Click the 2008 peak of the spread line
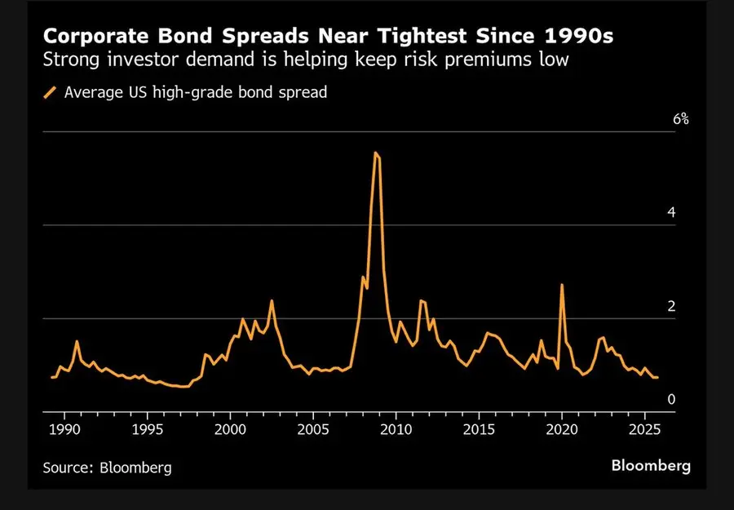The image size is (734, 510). click(x=375, y=153)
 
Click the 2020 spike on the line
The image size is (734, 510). click(x=562, y=285)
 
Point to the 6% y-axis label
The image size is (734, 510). click(x=681, y=119)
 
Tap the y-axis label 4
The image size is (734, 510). click(x=671, y=213)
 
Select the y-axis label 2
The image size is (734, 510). click(x=671, y=307)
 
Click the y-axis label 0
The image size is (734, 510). click(x=671, y=400)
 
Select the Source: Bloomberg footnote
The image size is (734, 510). click(x=108, y=468)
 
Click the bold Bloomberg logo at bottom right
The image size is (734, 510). click(x=651, y=466)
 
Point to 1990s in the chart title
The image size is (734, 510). click(x=583, y=37)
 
